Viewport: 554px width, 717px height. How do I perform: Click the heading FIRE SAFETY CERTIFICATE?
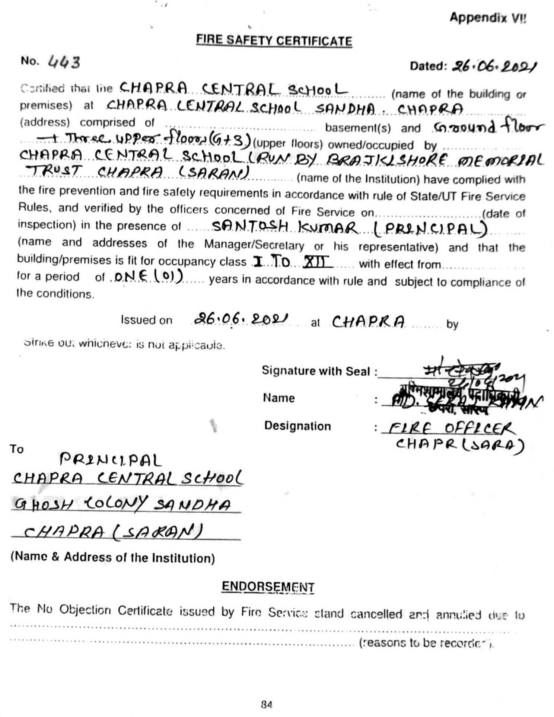tap(274, 40)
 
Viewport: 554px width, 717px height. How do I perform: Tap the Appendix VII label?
tap(488, 17)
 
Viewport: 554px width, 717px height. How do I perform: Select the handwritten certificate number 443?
tap(64, 62)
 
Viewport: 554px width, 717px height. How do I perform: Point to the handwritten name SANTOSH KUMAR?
tap(285, 227)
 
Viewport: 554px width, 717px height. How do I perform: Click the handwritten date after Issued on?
tap(241, 319)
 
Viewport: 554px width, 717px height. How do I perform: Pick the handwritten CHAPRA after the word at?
tap(368, 322)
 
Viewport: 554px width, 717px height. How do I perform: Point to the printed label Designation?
tap(297, 426)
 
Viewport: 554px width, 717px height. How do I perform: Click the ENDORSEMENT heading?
tap(268, 587)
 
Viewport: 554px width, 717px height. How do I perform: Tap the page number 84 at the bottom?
tap(267, 704)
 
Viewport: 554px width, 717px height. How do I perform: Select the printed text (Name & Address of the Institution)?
tap(113, 557)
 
